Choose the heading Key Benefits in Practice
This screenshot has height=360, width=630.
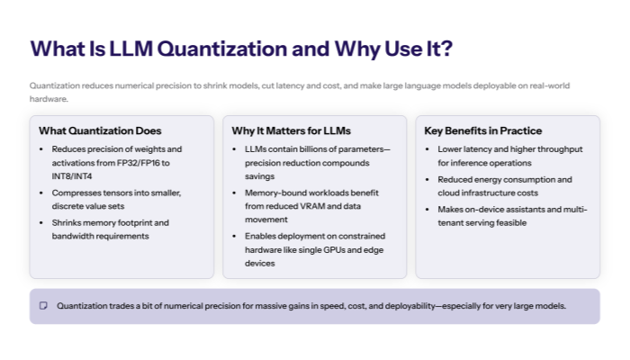(x=482, y=130)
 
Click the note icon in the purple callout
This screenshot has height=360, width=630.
(x=43, y=306)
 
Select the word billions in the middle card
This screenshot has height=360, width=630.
(x=307, y=148)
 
